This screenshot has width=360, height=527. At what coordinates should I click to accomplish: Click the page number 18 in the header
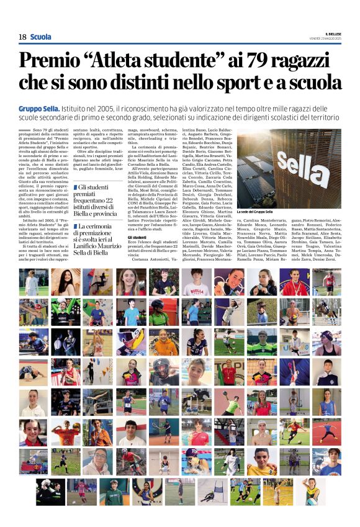[22, 37]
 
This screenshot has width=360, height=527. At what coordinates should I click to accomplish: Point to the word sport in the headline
[251, 83]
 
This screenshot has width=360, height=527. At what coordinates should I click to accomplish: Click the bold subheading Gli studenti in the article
[137, 237]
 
